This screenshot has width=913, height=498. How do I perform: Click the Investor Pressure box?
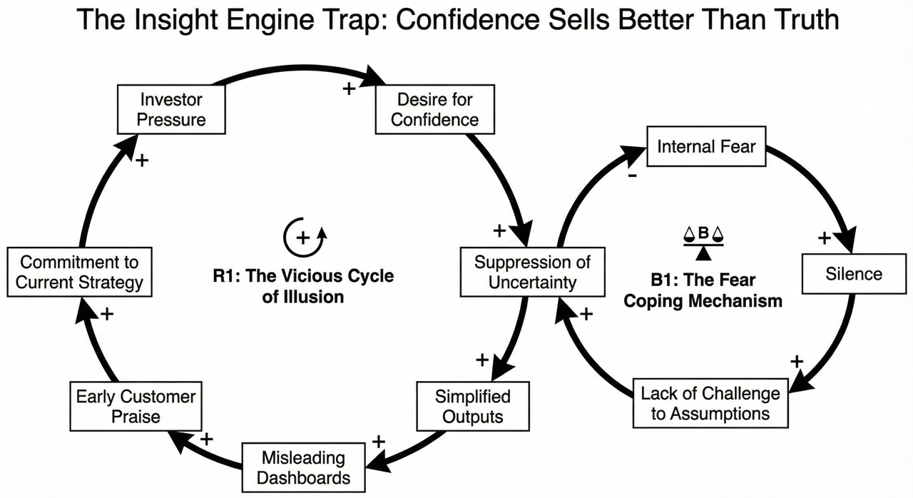coord(171,109)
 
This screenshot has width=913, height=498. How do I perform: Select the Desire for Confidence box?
coord(434,109)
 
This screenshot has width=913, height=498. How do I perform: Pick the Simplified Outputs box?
coord(473,405)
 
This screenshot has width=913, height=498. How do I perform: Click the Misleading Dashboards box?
coord(303,467)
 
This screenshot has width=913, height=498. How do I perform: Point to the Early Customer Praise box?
coord(136,405)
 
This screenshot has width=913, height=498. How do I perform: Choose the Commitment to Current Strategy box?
coord(79,272)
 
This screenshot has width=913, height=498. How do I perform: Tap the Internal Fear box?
coord(706,147)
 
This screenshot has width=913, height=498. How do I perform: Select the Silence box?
coord(854,274)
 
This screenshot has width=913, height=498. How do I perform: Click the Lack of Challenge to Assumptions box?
coord(710,403)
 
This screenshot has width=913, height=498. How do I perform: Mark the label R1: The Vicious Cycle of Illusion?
coord(303,286)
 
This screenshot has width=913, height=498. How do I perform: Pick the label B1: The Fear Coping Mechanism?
coord(703,290)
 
